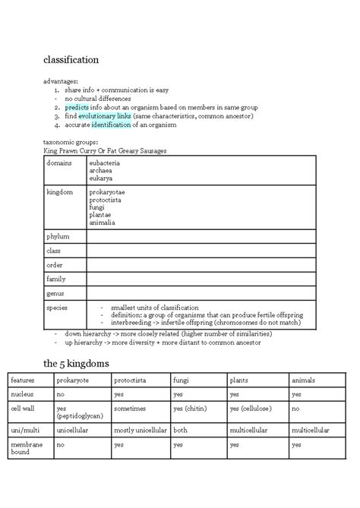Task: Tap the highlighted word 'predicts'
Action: tap(77, 108)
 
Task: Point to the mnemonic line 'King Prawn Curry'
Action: tap(106, 151)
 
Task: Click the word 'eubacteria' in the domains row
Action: tap(104, 163)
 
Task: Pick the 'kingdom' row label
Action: tap(60, 192)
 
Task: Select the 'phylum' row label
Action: tap(58, 236)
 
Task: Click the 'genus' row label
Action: tap(55, 293)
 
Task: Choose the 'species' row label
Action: tap(58, 308)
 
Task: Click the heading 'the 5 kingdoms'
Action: tap(76, 364)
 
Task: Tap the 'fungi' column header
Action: tap(182, 380)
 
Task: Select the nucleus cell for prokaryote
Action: tap(60, 394)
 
